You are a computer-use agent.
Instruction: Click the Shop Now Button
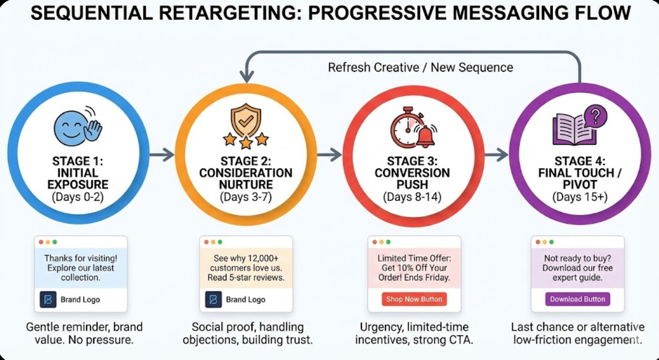click(414, 299)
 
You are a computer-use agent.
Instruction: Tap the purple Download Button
click(577, 299)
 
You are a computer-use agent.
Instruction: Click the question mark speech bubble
click(595, 114)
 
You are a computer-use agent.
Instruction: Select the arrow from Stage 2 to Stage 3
click(329, 155)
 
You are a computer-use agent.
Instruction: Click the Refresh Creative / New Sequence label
click(420, 68)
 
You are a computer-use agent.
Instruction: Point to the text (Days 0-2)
click(78, 197)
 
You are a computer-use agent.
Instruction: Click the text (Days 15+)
click(580, 197)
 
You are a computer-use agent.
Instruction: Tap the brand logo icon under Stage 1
click(47, 300)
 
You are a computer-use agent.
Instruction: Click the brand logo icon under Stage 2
click(213, 300)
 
